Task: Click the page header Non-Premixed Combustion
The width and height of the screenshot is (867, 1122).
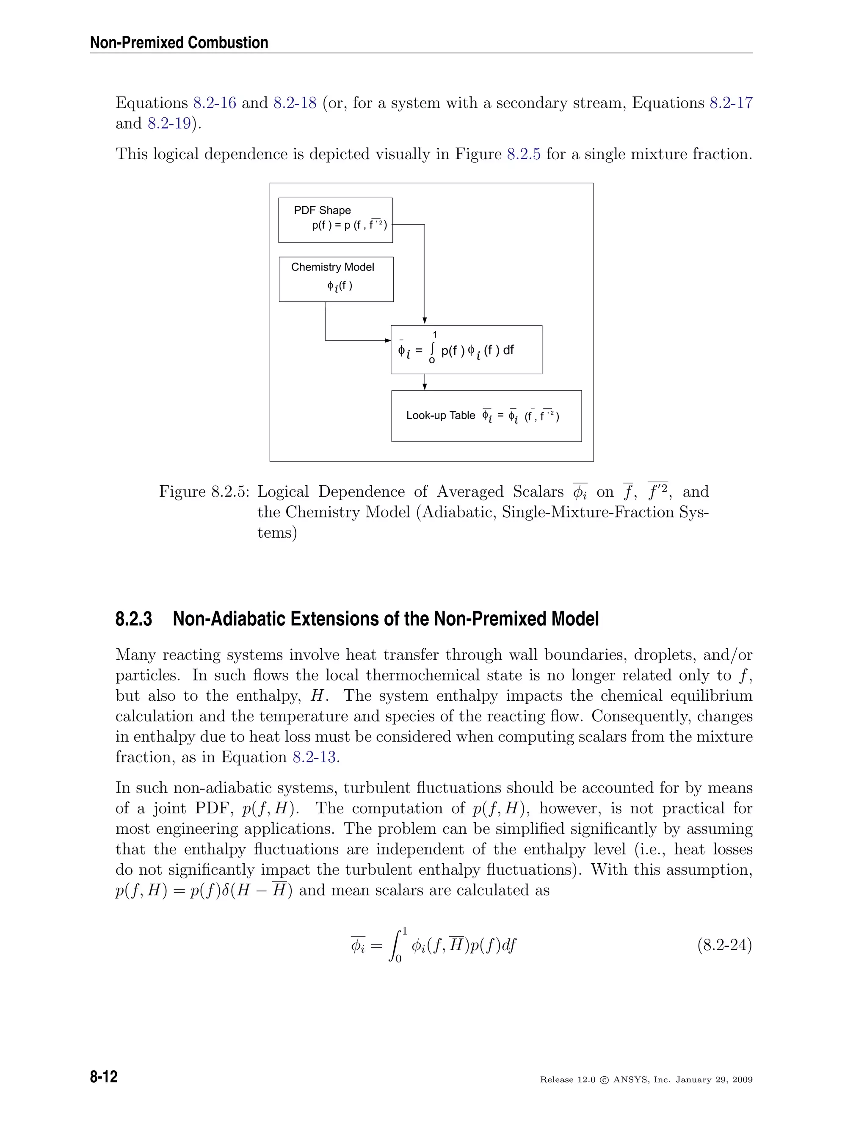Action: coord(179,43)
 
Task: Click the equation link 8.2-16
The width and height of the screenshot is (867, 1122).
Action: coord(214,103)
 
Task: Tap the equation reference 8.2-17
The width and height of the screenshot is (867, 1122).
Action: coord(731,103)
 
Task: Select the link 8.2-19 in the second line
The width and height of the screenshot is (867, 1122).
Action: coord(169,123)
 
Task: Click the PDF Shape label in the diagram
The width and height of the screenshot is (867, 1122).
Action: coord(322,210)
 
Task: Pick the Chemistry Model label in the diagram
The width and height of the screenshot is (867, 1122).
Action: coord(332,267)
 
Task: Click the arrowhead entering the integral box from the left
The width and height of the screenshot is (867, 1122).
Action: coord(388,340)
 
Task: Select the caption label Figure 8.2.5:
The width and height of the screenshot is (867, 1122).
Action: coord(204,492)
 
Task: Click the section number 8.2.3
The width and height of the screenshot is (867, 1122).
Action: coord(133,619)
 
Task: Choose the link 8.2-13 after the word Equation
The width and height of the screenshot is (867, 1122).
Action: coord(315,757)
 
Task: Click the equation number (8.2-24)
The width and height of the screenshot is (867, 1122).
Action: coord(724,945)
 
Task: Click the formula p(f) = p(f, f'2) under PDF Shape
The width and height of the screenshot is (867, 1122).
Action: coord(349,225)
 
